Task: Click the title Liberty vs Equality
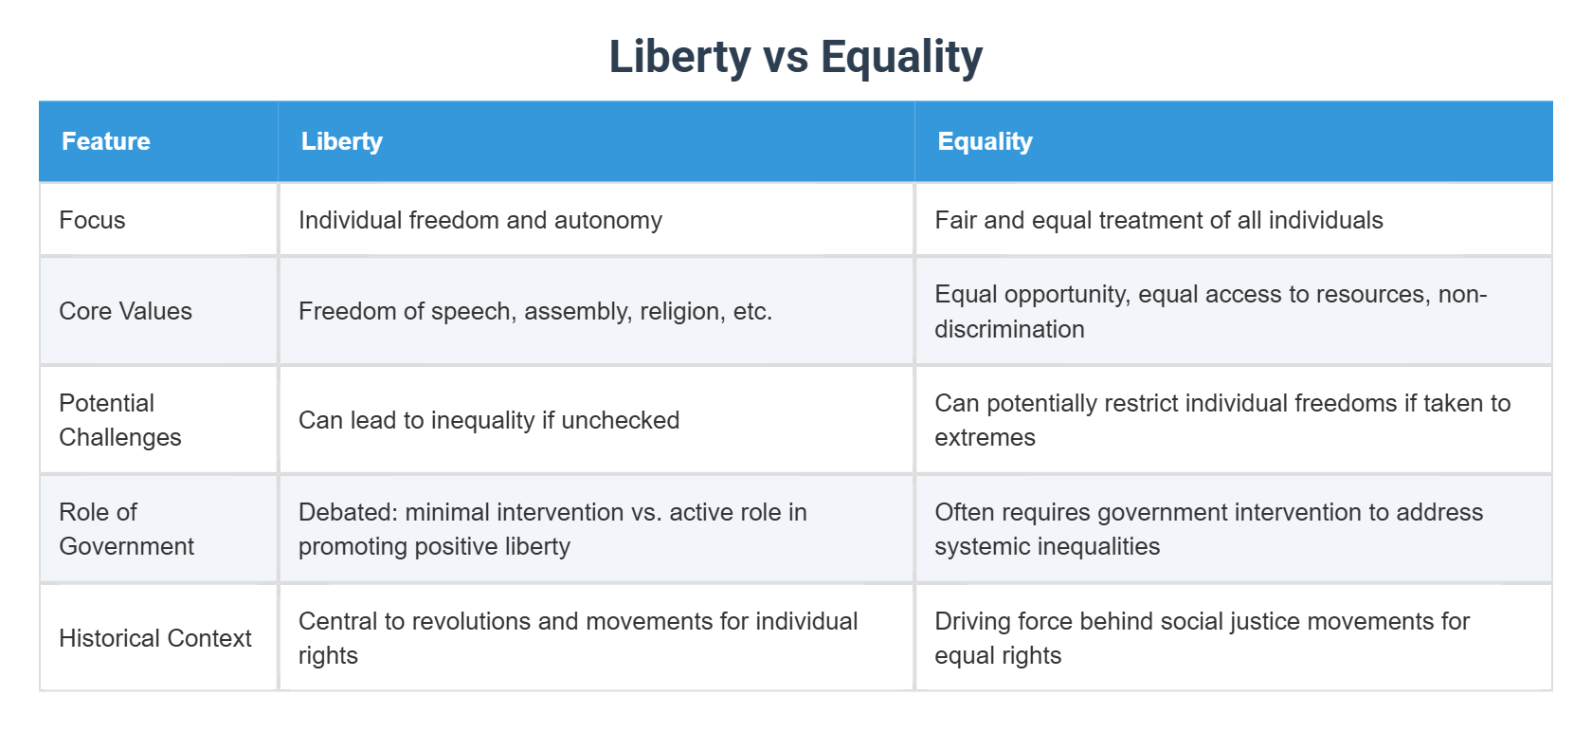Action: pos(795,56)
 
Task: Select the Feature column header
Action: pos(106,141)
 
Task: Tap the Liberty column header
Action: pos(341,141)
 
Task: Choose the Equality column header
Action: pos(985,141)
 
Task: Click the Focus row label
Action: pos(92,220)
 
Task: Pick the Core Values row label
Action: pos(125,311)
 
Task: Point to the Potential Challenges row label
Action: pos(119,420)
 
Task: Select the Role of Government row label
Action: pos(126,529)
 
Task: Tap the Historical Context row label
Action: pos(154,638)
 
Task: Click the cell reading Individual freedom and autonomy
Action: pos(479,220)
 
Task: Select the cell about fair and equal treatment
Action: pos(1158,220)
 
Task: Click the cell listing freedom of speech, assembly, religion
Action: pos(534,311)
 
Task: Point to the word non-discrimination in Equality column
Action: pos(1009,329)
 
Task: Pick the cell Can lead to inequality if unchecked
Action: pos(488,420)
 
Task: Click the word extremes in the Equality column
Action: pos(985,437)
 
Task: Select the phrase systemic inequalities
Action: pos(1046,546)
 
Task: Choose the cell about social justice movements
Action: pos(1202,638)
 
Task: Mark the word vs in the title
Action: pos(786,56)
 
